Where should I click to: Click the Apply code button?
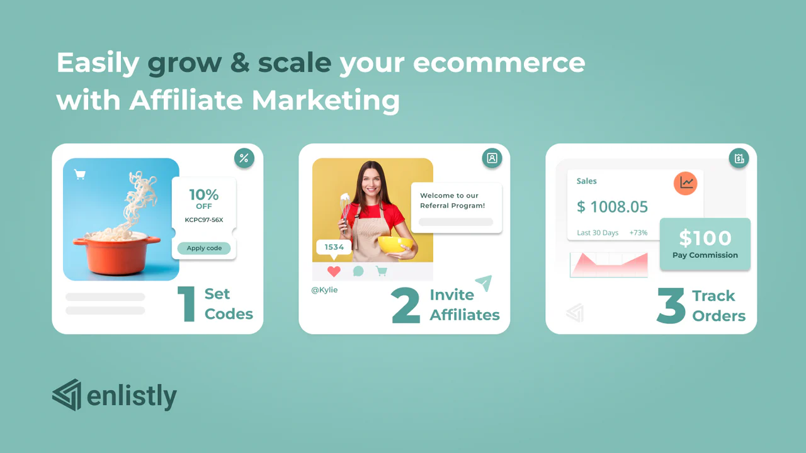pos(203,248)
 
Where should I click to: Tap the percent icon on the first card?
pos(244,158)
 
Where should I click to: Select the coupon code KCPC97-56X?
pos(203,220)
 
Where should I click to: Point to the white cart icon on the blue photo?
pos(80,175)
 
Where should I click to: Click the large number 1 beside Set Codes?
pos(187,304)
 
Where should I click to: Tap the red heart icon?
pos(334,271)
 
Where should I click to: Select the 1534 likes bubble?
pos(334,248)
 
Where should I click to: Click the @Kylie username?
pos(324,290)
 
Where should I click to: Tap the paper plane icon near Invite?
pos(484,282)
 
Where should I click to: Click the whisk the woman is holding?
pos(344,212)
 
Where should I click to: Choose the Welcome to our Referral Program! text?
pos(452,201)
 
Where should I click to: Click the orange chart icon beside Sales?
pos(686,183)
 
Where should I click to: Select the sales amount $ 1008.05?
pos(612,207)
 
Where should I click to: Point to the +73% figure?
pos(639,233)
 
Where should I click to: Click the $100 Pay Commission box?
pos(705,244)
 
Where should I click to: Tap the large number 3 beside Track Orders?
pos(671,305)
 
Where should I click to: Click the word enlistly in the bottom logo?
pos(132,396)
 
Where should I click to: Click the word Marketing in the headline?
pos(326,100)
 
